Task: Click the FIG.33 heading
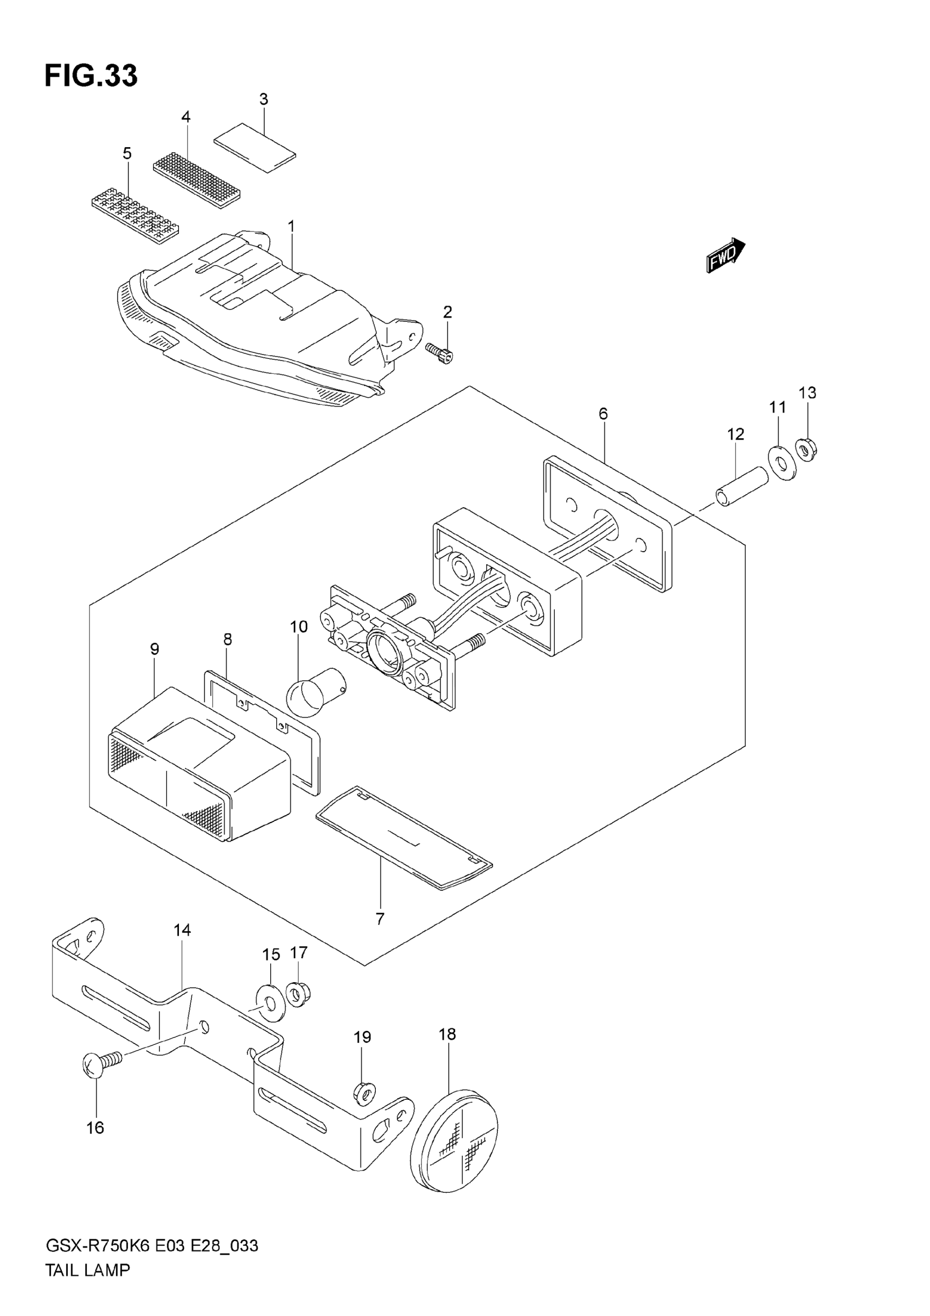coord(91,76)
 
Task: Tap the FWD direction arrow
coord(726,256)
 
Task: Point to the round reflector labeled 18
coord(455,1142)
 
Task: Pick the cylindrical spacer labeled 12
coord(741,486)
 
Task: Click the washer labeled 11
coord(782,461)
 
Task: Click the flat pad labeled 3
coord(255,147)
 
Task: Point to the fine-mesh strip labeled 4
coord(196,181)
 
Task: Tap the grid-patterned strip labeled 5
coord(136,214)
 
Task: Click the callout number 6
coord(603,413)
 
